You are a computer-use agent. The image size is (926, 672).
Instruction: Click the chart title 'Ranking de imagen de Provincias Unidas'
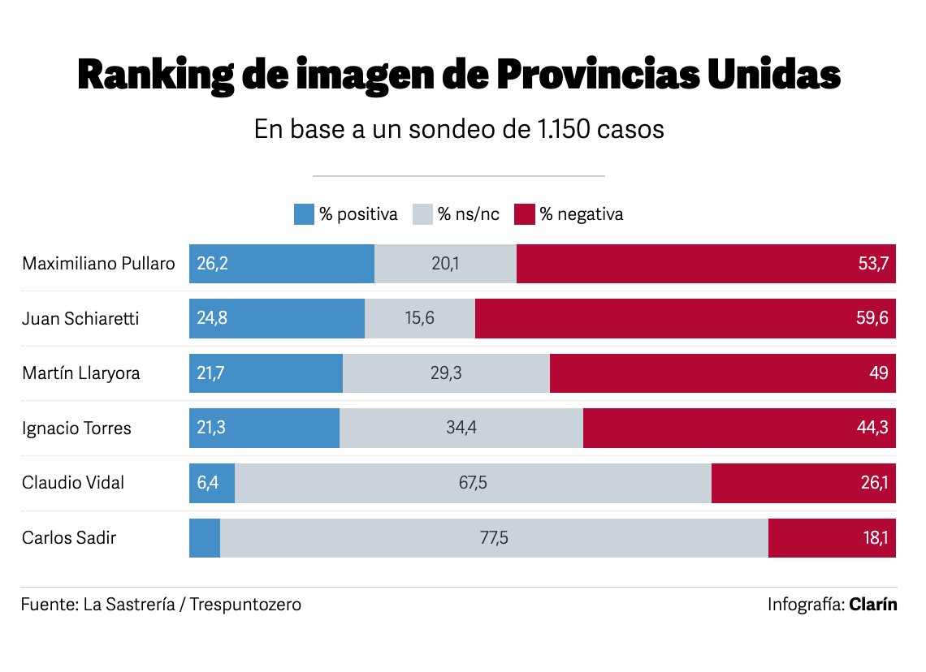point(459,75)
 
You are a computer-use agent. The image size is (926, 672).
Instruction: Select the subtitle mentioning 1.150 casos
point(459,130)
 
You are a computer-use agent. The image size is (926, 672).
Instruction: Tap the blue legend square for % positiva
point(303,214)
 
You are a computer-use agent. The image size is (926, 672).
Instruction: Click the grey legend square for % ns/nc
point(422,214)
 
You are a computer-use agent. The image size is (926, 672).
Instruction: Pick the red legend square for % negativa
point(525,214)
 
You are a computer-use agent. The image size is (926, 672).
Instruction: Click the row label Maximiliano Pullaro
point(98,264)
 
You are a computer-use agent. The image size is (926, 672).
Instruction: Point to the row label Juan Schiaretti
point(80,319)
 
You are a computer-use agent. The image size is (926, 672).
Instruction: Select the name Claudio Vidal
point(73,483)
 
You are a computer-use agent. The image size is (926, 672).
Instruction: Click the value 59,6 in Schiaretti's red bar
point(872,319)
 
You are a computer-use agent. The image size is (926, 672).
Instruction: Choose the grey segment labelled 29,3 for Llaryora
point(446,373)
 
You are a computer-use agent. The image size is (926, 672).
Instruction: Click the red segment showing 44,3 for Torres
point(739,428)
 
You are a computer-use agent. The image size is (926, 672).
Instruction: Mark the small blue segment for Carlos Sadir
point(205,537)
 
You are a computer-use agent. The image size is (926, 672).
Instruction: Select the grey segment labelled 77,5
point(494,537)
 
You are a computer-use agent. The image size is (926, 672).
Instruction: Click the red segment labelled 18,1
point(832,537)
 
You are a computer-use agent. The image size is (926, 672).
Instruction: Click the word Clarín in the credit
point(873,605)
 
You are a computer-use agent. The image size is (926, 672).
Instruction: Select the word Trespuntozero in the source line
point(245,605)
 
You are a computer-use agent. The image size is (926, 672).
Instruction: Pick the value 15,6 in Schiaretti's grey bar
point(419,319)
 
